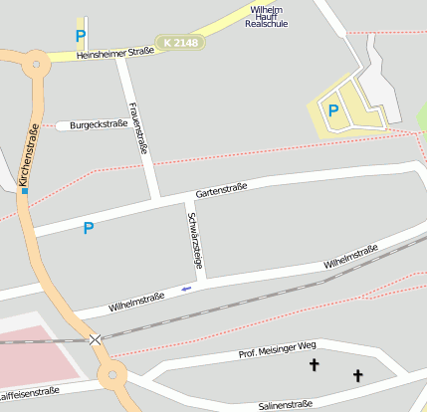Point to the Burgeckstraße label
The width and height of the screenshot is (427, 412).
point(99,125)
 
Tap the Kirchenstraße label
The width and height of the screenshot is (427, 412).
point(28,154)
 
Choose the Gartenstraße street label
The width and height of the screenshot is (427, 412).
point(221,187)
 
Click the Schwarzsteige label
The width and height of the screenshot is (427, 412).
point(195,240)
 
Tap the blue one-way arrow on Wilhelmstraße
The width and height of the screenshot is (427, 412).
point(186,289)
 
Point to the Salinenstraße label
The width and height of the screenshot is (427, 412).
point(285,404)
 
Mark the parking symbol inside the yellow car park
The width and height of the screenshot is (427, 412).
point(333,110)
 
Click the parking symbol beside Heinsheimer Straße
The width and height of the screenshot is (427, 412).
point(80,36)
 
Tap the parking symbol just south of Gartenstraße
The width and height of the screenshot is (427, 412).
point(88,228)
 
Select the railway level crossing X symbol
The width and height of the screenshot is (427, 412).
point(95,340)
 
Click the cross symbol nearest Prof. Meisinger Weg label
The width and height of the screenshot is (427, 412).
point(315,366)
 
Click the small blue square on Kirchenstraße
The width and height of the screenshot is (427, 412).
point(25,190)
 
